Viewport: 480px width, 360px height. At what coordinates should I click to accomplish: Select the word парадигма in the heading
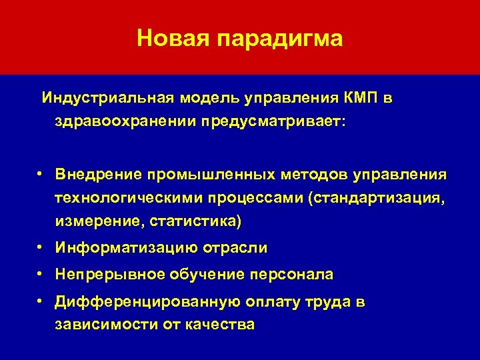tap(279, 39)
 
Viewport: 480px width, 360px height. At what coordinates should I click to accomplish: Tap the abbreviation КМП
tap(363, 99)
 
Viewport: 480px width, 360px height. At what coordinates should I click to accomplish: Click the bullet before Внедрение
tap(41, 173)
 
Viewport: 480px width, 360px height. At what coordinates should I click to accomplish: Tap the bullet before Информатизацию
tap(41, 247)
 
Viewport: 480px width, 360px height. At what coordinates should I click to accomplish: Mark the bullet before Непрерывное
tap(41, 274)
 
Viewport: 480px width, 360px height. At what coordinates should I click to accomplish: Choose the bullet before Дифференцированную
tap(41, 301)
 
